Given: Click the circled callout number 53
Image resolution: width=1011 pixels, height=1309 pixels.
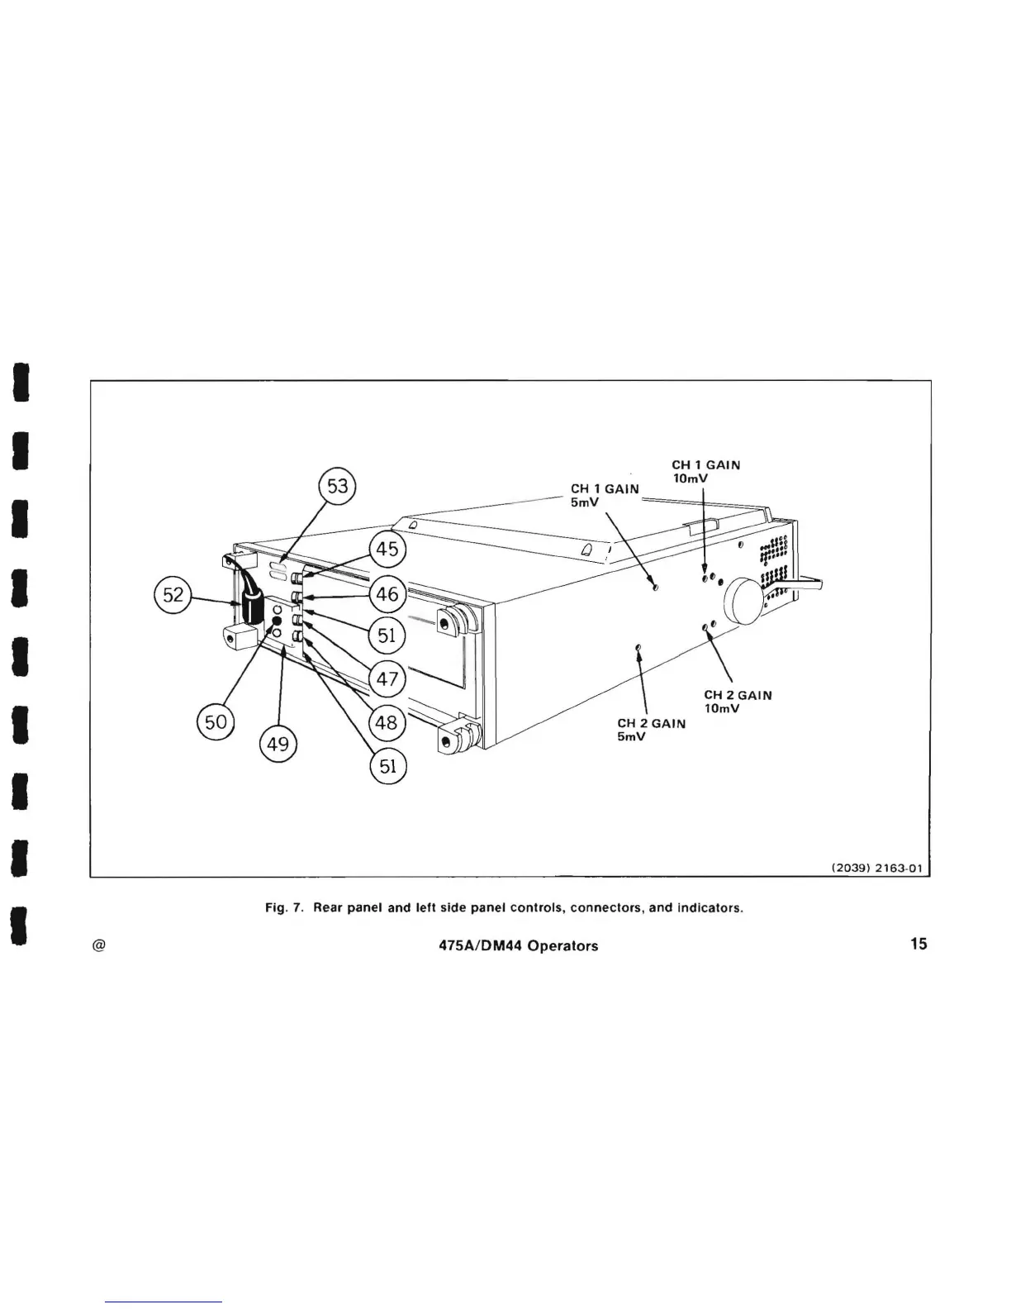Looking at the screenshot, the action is pos(338,486).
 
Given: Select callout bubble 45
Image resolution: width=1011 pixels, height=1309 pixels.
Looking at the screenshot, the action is pos(387,549).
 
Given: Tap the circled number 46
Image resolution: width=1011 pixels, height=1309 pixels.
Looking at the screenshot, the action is pos(387,593).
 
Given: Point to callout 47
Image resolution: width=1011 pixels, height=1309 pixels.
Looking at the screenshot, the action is pos(387,679).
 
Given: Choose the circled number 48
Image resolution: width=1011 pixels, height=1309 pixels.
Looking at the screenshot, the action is pos(387,723).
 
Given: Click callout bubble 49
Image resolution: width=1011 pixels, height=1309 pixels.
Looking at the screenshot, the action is pos(278,745).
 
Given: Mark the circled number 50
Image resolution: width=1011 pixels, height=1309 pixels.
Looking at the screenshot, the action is pos(215,722).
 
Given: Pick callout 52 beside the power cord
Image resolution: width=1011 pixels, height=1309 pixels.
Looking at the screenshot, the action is pos(173,595).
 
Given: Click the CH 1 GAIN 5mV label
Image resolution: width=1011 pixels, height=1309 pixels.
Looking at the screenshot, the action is pos(605,496).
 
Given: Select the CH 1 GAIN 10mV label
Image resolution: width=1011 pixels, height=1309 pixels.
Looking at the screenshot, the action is pos(705,472).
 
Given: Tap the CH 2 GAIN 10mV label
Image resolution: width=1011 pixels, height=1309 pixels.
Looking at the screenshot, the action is pos(737,702).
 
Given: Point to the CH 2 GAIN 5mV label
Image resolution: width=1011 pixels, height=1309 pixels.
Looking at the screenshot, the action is pos(651,730).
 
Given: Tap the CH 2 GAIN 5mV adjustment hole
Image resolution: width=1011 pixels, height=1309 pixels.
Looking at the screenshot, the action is pos(638,648).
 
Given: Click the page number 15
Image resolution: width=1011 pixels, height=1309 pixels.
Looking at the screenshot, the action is pos(918,944).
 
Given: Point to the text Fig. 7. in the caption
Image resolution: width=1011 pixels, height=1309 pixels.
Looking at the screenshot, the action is pos(285,908).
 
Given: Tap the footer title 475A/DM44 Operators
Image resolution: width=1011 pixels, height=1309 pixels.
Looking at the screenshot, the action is pos(519,946).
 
